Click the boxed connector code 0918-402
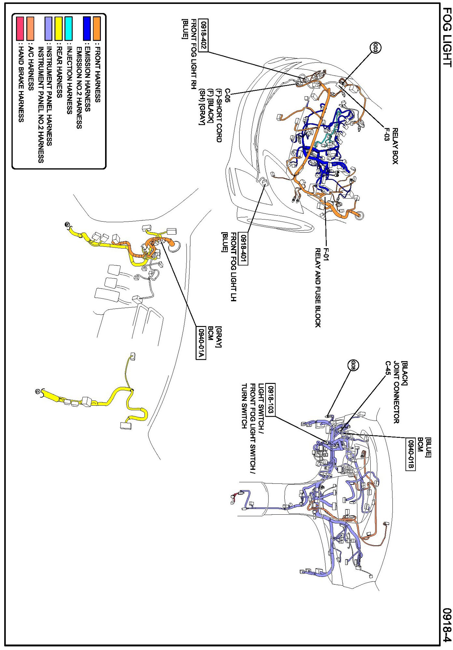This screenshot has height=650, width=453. tap(203, 35)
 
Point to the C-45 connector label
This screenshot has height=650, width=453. tap(388, 368)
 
